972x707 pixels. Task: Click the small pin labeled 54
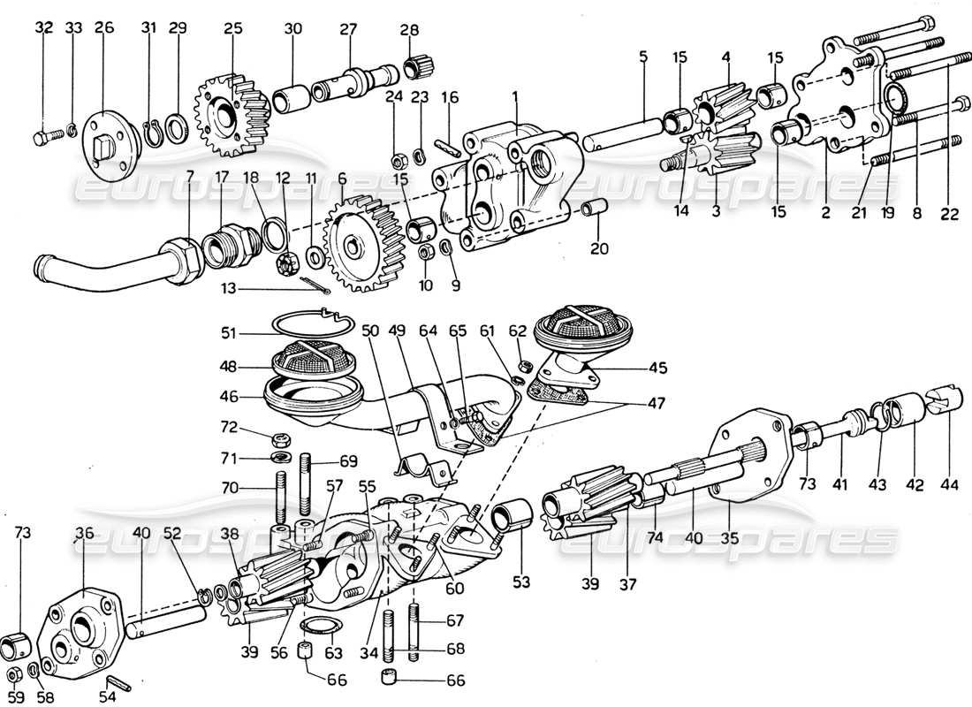(x=118, y=684)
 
